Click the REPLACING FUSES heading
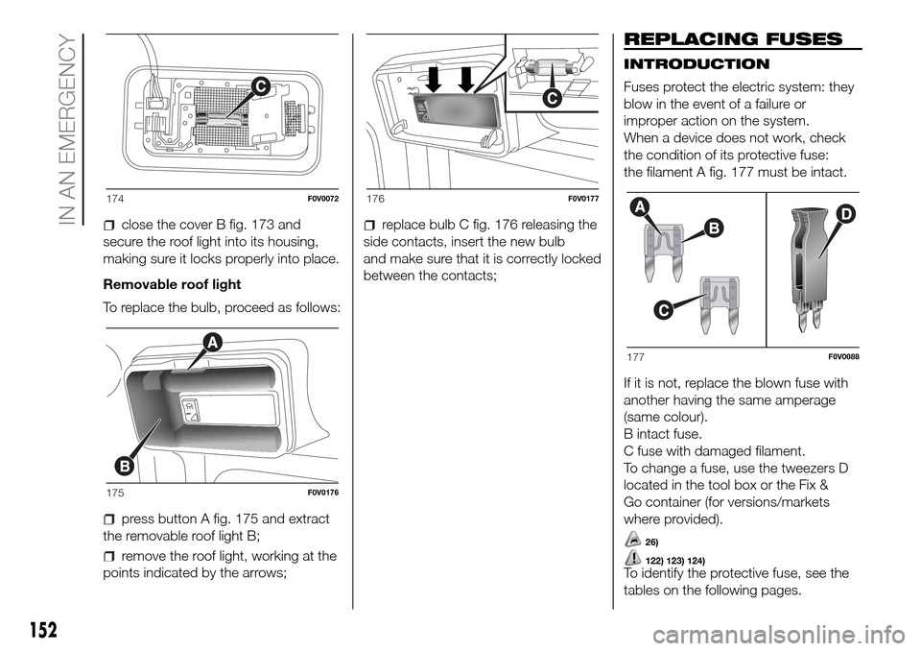point(733,39)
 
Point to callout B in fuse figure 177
point(687,228)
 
